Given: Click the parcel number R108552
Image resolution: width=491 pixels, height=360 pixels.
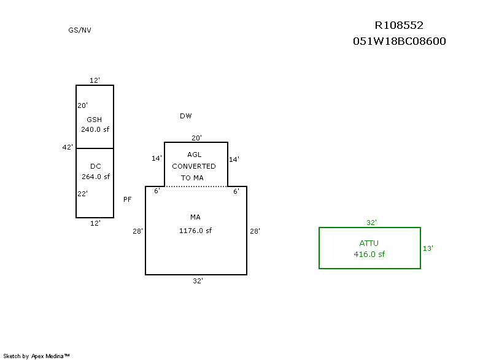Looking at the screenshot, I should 399,25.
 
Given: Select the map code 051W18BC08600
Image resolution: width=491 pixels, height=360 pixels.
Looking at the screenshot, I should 399,42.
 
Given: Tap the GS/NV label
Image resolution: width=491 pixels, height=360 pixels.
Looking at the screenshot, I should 80,30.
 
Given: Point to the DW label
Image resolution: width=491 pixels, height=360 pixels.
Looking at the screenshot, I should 186,116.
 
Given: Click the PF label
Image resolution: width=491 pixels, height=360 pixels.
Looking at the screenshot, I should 128,199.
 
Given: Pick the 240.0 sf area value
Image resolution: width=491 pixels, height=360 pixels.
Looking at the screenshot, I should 95,129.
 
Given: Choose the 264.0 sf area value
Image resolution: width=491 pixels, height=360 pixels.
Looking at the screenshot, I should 95,177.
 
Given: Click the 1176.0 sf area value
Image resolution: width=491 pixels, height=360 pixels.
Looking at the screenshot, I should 195,231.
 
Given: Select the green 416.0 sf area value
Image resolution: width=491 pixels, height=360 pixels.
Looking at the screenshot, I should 369,254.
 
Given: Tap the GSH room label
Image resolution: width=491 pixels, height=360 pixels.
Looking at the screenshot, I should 95,119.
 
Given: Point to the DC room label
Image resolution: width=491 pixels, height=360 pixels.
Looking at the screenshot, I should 95,166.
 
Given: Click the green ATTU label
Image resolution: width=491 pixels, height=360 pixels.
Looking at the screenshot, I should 369,243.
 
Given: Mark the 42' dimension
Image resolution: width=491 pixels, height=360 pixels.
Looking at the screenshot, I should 68,147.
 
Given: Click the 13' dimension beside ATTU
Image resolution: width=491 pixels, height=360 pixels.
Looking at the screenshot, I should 428,248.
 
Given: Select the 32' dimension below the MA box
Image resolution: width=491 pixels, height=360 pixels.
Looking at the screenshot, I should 198,281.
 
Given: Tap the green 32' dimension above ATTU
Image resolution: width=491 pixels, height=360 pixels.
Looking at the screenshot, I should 371,223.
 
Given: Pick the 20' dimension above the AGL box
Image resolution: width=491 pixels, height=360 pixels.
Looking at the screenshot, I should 196,138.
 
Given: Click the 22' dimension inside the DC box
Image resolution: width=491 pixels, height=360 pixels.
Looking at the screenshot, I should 82,194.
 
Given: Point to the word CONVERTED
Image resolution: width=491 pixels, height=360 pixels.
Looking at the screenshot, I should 194,166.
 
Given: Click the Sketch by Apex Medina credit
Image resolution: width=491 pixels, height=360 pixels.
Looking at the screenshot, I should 36,356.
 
